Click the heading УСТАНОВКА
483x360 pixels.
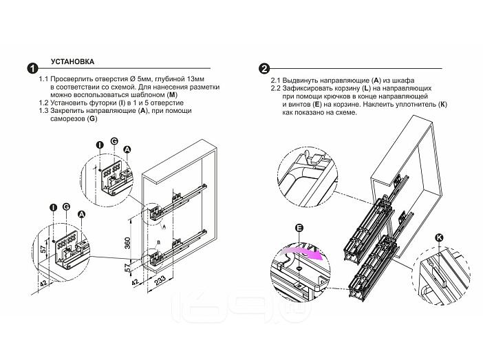[72, 61]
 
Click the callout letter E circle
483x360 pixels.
[298, 228]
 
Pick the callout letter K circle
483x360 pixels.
[439, 238]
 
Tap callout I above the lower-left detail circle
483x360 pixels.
[52, 207]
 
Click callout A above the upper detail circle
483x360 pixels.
[127, 148]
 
